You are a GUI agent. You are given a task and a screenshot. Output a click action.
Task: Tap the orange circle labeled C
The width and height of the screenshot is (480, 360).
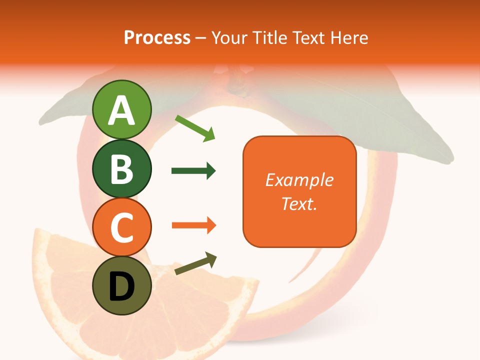click(x=121, y=227)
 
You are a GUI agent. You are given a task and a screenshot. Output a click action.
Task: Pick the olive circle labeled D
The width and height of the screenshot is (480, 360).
click(x=121, y=285)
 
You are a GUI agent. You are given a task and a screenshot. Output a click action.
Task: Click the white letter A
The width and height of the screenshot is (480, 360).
click(x=121, y=110)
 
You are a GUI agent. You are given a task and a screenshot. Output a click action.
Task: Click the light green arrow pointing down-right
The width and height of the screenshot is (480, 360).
click(x=195, y=128)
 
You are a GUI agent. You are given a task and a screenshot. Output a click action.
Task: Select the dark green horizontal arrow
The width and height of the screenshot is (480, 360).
click(x=193, y=171)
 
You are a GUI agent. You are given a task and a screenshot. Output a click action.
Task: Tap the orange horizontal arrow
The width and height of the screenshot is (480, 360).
click(x=193, y=225)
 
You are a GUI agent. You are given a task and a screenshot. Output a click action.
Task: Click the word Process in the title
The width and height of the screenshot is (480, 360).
click(x=157, y=37)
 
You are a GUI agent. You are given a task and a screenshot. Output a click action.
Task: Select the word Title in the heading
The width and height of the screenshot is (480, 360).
click(x=269, y=37)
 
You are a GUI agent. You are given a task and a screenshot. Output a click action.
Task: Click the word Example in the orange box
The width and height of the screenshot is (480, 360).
click(x=299, y=180)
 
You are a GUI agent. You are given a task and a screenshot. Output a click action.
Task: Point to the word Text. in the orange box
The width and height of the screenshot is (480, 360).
click(x=299, y=203)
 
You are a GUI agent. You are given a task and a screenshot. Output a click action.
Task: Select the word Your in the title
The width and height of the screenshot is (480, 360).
click(x=229, y=37)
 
